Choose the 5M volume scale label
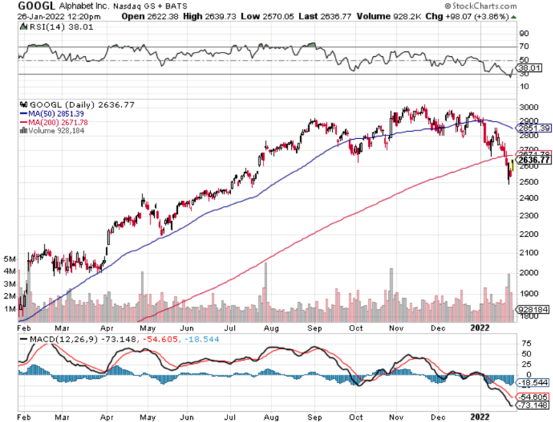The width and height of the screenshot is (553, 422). [x=9, y=258]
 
